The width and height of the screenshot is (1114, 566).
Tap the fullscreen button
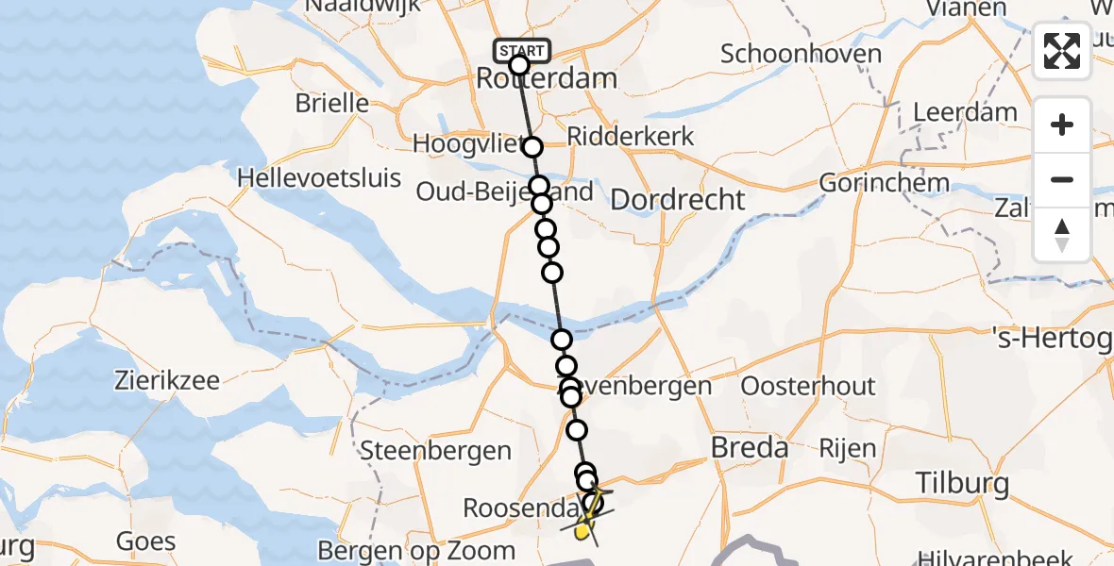pyautogui.click(x=1062, y=51)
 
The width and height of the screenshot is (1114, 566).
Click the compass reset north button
pyautogui.click(x=1062, y=235)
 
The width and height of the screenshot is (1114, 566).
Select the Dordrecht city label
pyautogui.click(x=678, y=199)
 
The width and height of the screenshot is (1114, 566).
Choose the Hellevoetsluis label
pyautogui.click(x=319, y=177)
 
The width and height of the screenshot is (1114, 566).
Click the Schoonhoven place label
pyautogui.click(x=801, y=53)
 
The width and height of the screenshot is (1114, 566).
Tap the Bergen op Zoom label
pyautogui.click(x=416, y=550)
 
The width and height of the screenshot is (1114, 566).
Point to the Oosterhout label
pyautogui.click(x=807, y=386)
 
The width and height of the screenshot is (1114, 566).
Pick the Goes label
pyautogui.click(x=146, y=541)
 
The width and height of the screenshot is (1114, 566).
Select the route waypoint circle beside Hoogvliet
pyautogui.click(x=532, y=147)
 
